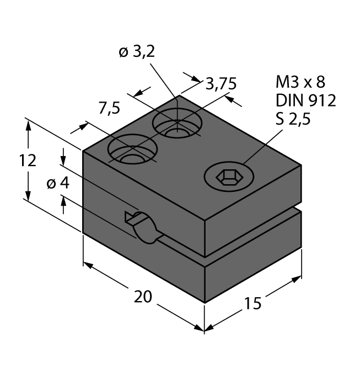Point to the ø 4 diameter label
[x=58, y=183]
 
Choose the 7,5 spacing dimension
[x=109, y=109]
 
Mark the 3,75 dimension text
[x=221, y=84]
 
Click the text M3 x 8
[x=300, y=83]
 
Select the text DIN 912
[x=305, y=100]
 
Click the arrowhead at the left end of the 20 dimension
[x=88, y=266]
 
